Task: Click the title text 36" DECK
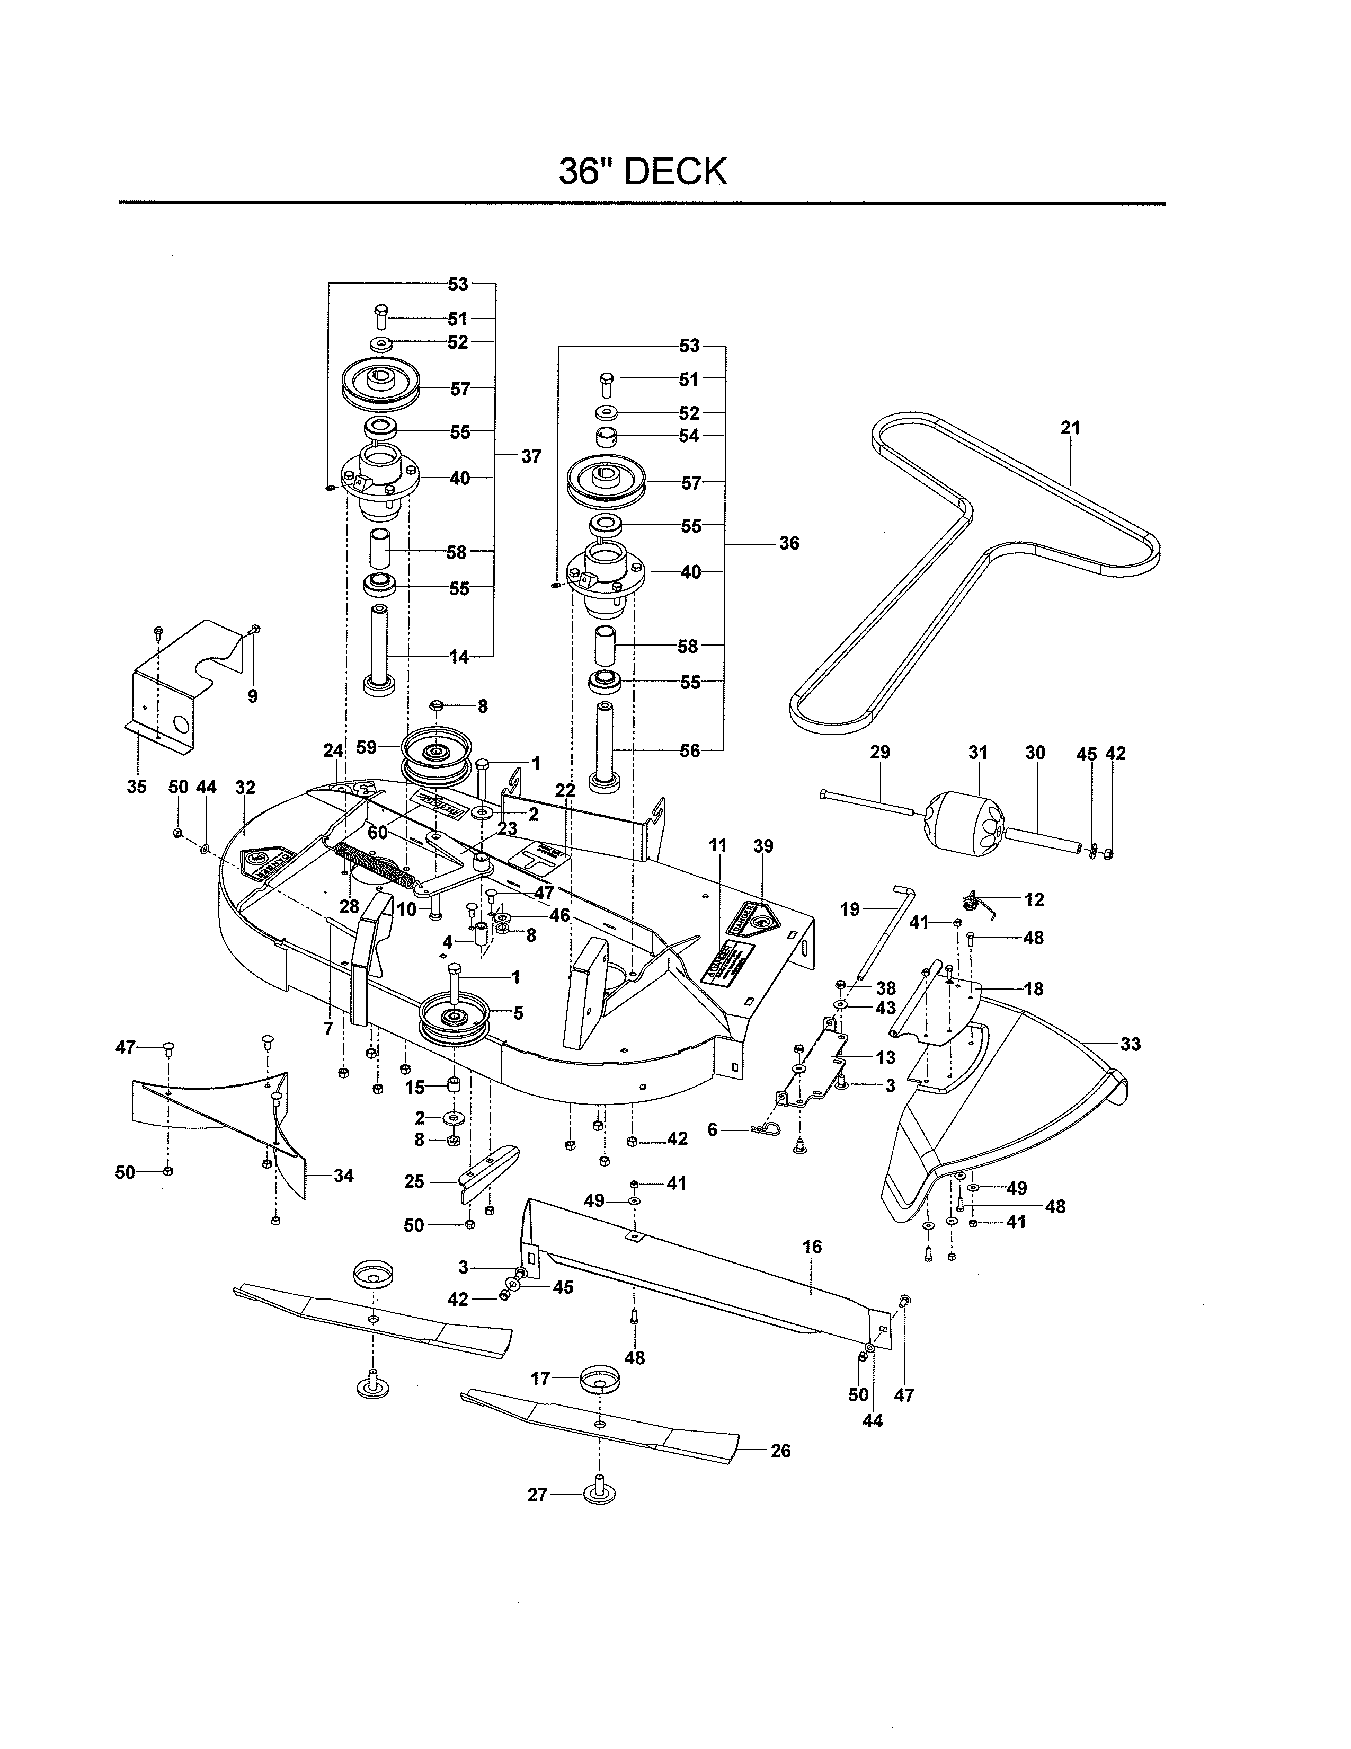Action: [643, 171]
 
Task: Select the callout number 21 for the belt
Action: [1070, 428]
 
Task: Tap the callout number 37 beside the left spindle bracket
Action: [531, 456]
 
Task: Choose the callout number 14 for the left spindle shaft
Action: [459, 658]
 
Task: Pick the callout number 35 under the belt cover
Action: [137, 787]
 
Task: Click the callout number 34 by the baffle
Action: [343, 1176]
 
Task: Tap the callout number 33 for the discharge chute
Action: [1130, 1044]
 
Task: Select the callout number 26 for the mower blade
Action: [780, 1451]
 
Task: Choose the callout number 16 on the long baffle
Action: [812, 1247]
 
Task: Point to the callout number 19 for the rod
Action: [849, 909]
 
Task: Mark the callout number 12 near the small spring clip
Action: [1034, 899]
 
